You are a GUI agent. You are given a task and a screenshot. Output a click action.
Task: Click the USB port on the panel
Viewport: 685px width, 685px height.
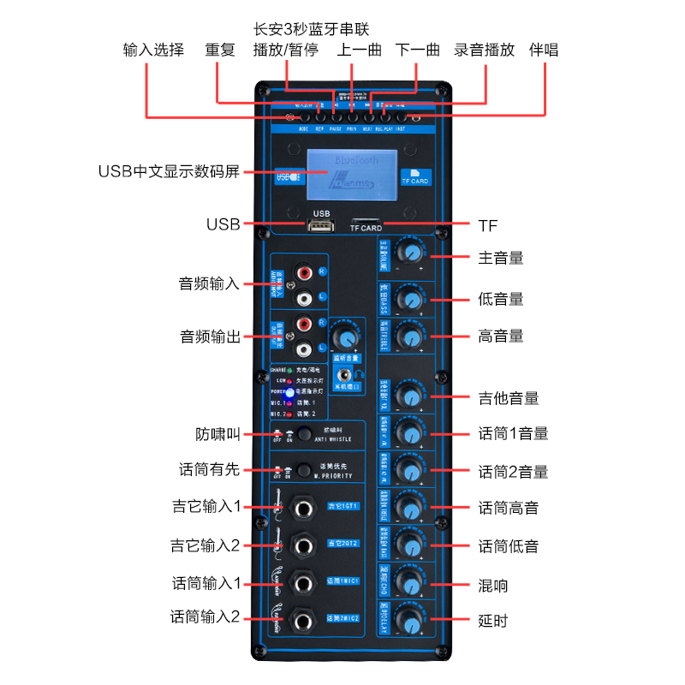coord(320,225)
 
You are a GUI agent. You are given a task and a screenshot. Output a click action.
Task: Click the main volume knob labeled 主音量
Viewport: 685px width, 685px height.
coord(412,252)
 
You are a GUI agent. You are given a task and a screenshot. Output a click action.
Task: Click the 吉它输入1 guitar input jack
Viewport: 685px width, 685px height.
coord(302,507)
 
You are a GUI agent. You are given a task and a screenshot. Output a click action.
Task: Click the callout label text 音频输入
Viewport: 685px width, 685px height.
coord(209,283)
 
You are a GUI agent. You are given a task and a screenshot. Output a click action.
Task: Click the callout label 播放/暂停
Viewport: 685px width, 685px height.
coord(286,51)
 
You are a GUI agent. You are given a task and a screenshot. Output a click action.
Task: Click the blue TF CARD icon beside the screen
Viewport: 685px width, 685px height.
coord(415,176)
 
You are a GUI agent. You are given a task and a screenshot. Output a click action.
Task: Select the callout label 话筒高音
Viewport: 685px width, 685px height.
coord(509,508)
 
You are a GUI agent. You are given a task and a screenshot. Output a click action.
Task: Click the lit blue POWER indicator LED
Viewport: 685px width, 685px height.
coord(290,391)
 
